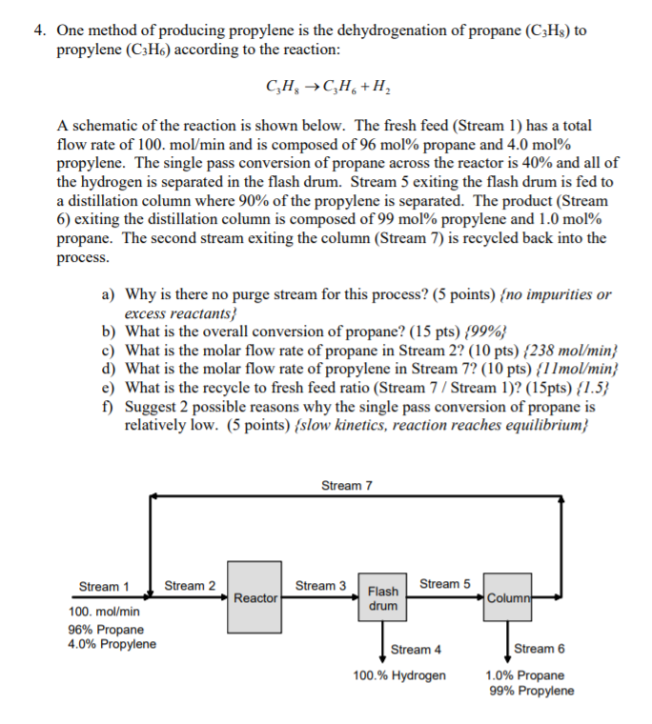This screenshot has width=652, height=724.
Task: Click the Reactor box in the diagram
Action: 255,597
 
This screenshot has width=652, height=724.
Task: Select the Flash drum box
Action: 382,598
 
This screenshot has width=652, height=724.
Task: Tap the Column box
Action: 506,597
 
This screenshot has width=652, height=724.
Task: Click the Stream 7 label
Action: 347,486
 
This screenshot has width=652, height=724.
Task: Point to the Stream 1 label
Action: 104,586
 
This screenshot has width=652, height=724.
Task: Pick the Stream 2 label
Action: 190,585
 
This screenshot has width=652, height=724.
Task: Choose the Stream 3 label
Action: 321,585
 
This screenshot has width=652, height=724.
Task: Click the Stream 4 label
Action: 416,650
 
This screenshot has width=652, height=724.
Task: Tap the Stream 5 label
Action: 444,583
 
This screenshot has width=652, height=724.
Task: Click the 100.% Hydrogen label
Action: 399,675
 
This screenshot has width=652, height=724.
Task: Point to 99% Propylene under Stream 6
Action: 531,691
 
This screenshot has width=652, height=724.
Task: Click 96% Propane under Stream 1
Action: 106,629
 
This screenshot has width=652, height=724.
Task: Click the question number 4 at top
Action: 38,30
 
